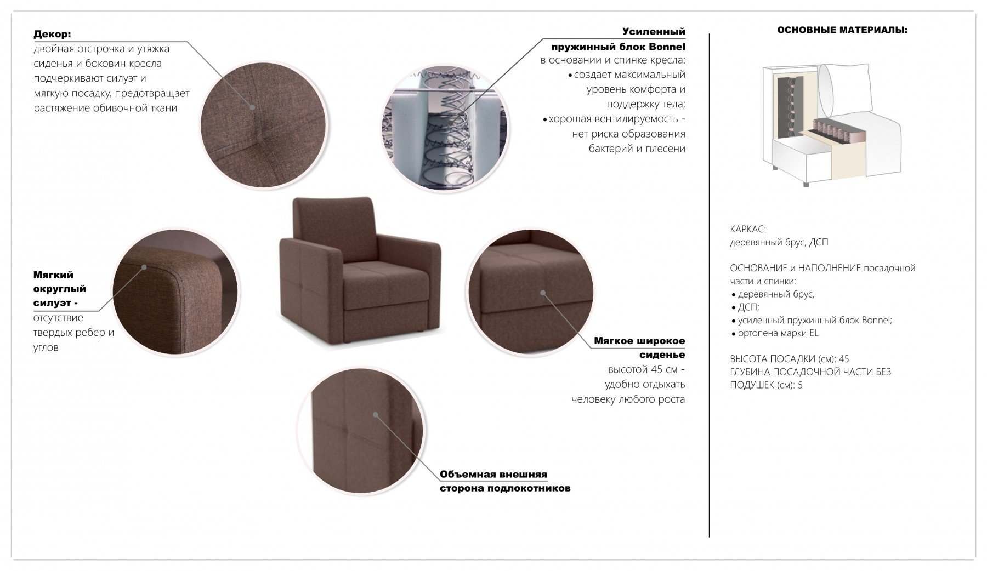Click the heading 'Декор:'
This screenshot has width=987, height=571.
pyautogui.click(x=52, y=34)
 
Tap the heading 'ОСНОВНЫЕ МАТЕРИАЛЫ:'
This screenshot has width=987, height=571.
pyautogui.click(x=842, y=30)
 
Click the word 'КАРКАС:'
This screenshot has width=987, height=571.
pyautogui.click(x=748, y=229)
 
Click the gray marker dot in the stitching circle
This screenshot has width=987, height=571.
pyautogui.click(x=253, y=107)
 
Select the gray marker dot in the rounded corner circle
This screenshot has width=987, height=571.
pyautogui.click(x=145, y=267)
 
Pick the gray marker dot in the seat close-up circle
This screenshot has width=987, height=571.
pyautogui.click(x=543, y=293)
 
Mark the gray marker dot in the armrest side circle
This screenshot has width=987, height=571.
pyautogui.click(x=376, y=414)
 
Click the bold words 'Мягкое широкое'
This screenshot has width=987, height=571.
pyautogui.click(x=639, y=341)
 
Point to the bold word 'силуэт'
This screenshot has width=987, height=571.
pyautogui.click(x=53, y=303)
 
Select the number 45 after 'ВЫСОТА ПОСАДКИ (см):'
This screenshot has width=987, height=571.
pyautogui.click(x=844, y=359)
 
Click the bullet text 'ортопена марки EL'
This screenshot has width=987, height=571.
pyautogui.click(x=778, y=333)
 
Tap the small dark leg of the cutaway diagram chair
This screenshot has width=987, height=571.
pyautogui.click(x=806, y=185)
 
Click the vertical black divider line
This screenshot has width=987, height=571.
pyautogui.click(x=709, y=285)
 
